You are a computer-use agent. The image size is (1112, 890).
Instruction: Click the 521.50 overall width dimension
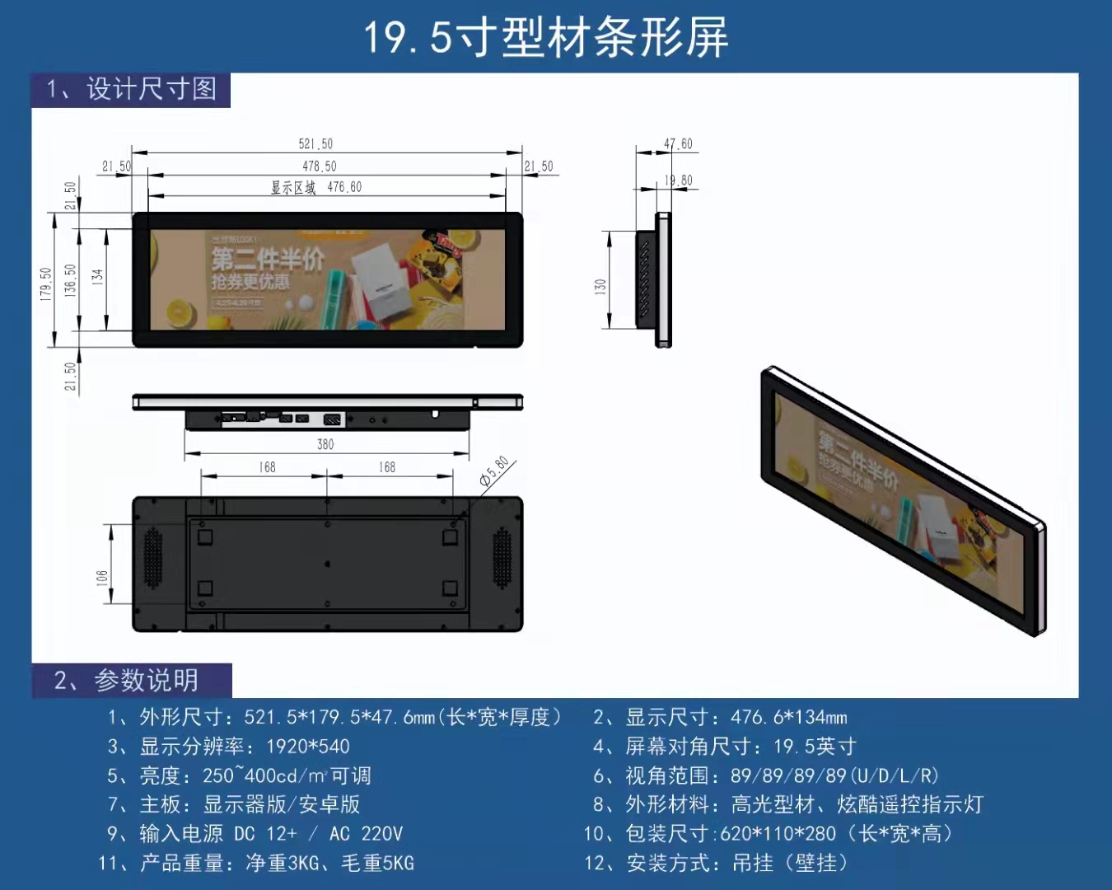315,144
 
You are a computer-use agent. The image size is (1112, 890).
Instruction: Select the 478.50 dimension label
319,166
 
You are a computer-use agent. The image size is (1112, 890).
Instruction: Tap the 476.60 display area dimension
344,188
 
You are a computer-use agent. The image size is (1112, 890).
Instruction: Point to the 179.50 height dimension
46,283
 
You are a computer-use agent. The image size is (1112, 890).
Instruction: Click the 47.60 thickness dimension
678,144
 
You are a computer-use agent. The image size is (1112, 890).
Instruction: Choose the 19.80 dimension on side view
678,180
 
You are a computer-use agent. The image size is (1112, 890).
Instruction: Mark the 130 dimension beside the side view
600,287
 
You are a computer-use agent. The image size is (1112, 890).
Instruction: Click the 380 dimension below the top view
325,445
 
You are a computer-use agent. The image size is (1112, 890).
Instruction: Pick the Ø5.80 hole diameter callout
495,472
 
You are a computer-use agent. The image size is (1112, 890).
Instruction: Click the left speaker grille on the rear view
153,558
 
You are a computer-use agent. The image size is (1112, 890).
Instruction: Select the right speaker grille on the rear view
502,558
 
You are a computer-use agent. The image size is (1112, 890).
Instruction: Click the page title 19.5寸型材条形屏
546,38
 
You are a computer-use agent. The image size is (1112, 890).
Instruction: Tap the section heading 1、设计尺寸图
132,89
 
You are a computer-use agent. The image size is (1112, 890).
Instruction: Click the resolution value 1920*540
308,747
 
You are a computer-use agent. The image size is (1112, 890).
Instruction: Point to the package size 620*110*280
778,834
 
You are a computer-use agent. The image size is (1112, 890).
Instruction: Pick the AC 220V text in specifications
366,834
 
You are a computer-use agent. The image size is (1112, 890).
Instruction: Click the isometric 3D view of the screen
903,500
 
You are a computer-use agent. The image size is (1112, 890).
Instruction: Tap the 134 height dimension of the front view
97,277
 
